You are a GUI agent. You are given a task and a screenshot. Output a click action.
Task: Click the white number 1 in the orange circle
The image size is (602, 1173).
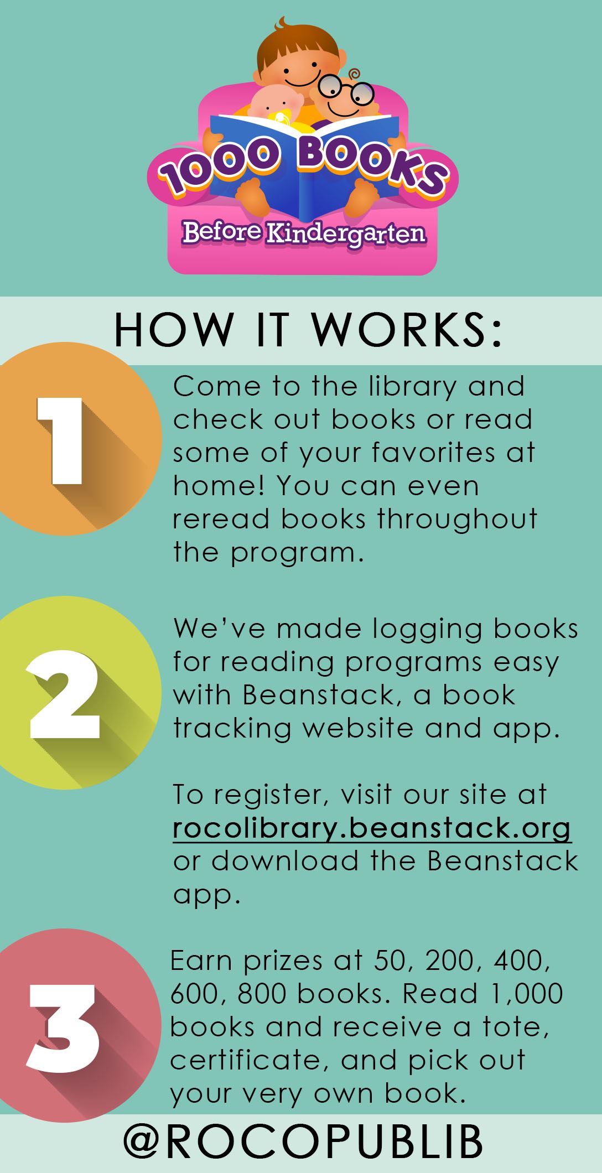tap(60, 441)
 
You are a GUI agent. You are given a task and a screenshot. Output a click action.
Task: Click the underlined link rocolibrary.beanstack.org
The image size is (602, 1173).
tap(372, 829)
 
